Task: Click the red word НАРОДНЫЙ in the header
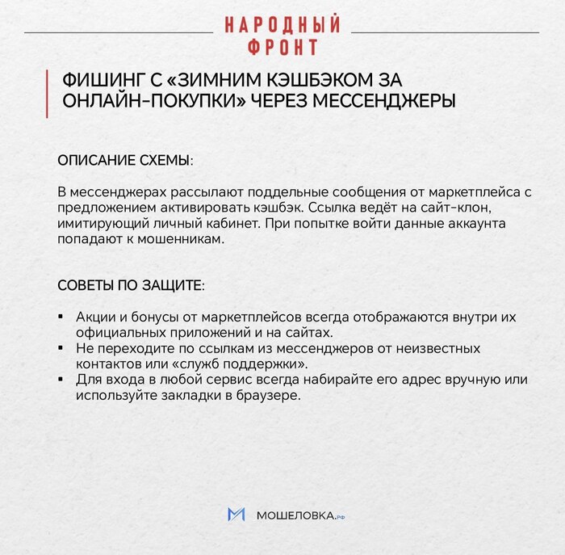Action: click(x=282, y=24)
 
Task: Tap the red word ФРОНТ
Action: click(x=282, y=47)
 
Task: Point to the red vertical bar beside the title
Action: click(x=48, y=92)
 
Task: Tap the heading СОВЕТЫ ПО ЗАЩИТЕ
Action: click(x=130, y=286)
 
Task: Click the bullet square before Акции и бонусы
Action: click(x=61, y=317)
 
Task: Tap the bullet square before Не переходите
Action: click(x=61, y=348)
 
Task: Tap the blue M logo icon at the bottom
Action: click(x=236, y=515)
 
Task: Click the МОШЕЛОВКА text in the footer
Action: click(x=294, y=515)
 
